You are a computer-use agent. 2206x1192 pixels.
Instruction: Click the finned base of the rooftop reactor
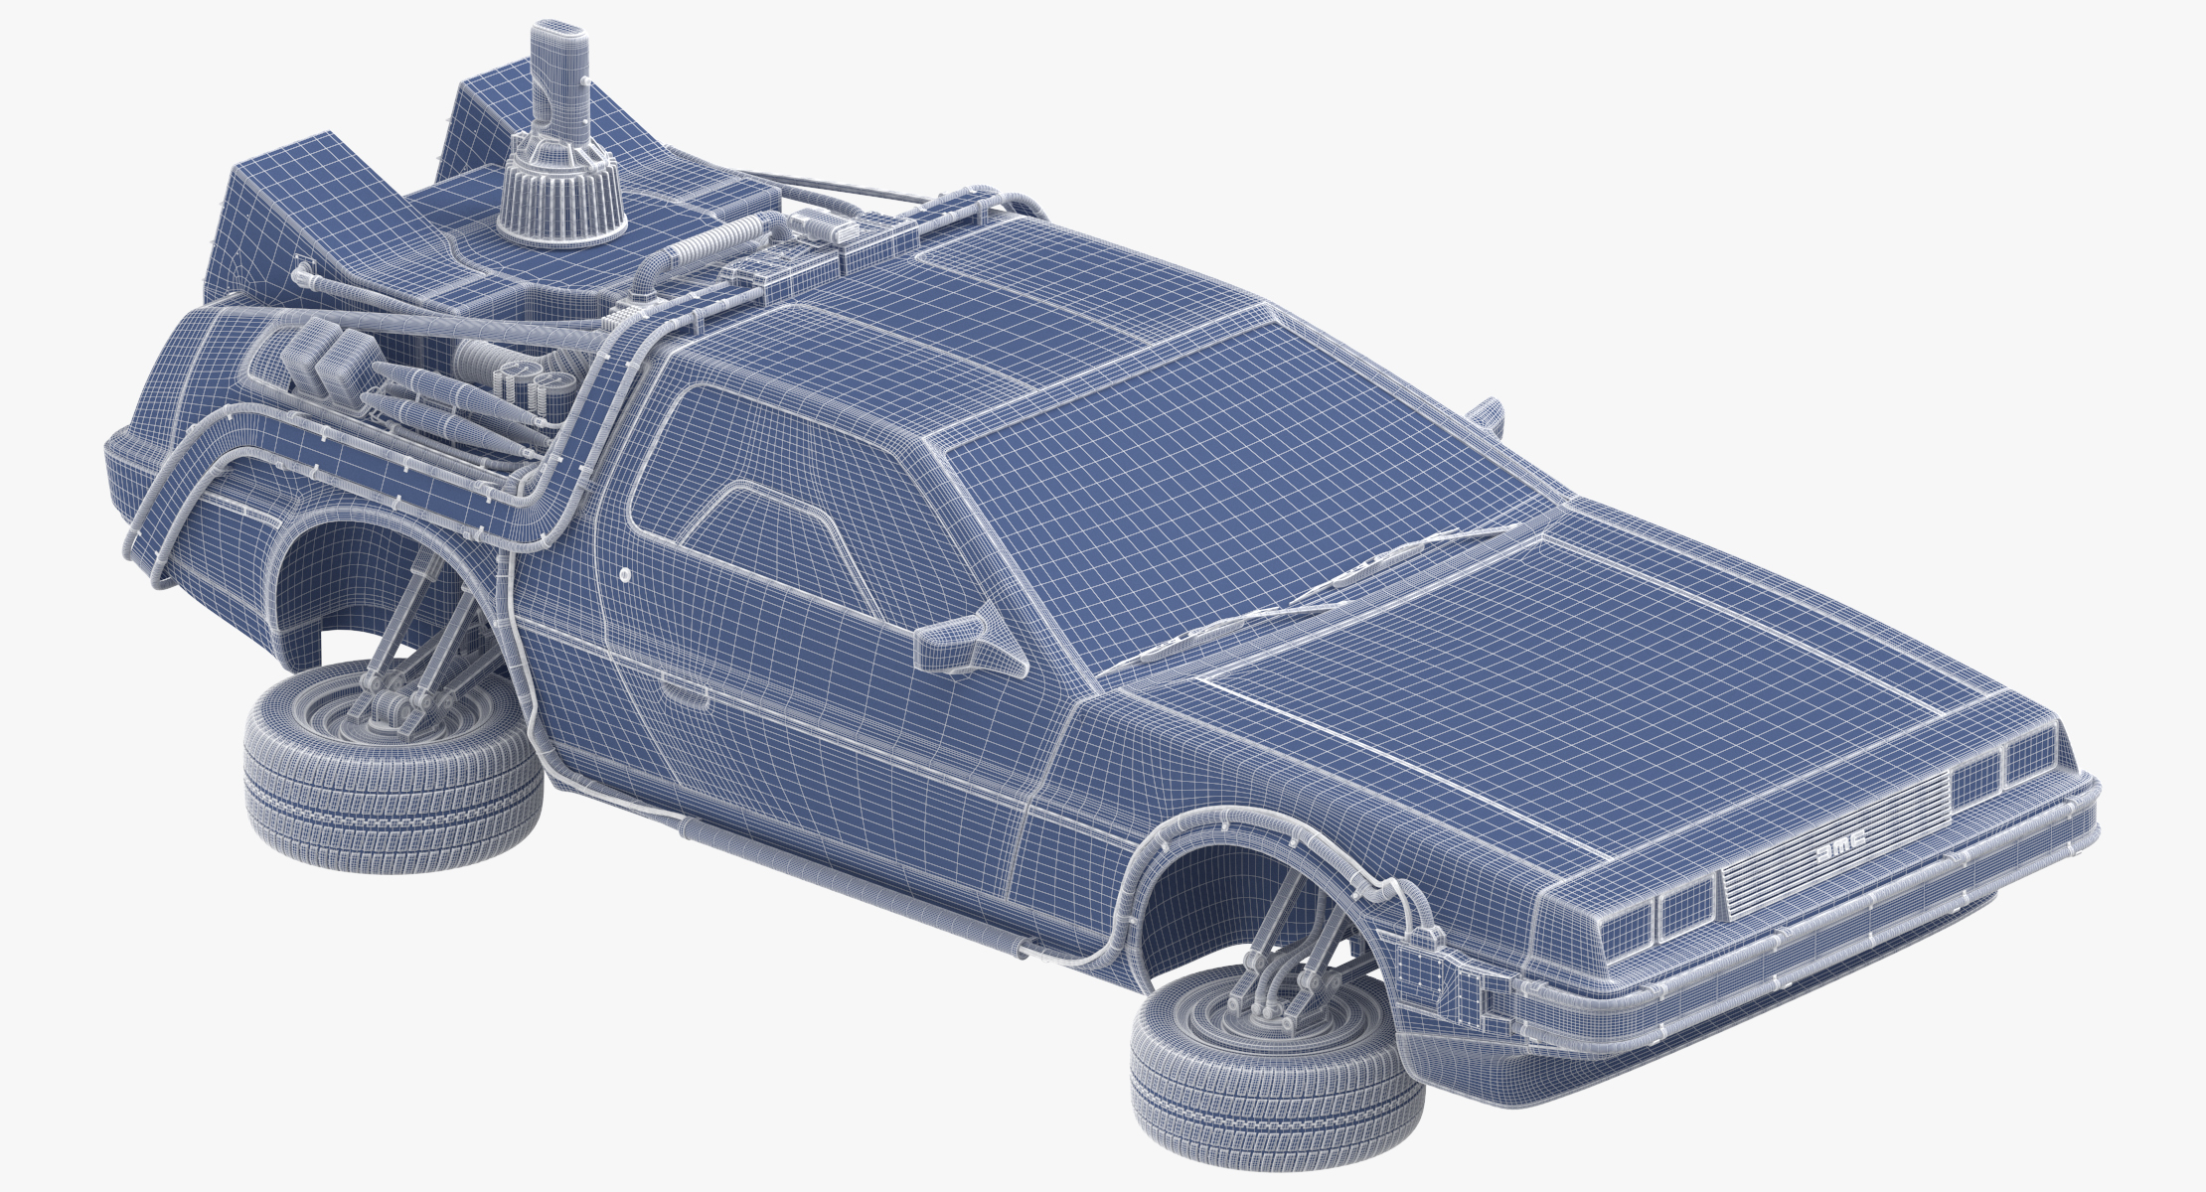click(561, 204)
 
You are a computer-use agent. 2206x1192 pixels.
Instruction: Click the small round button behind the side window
click(624, 574)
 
